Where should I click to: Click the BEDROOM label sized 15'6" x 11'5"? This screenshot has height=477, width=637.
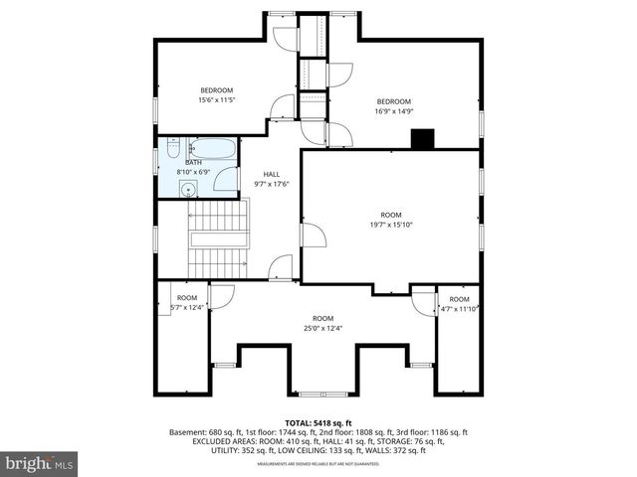click(x=216, y=90)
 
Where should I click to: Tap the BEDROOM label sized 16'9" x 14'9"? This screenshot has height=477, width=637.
click(x=393, y=101)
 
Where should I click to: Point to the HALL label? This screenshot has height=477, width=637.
click(x=272, y=173)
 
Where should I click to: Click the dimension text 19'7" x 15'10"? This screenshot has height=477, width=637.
click(x=390, y=225)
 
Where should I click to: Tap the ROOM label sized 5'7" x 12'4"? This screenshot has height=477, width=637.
click(x=186, y=298)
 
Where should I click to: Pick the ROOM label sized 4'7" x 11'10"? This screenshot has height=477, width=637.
click(x=459, y=299)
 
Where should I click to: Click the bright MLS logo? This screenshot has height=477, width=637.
click(x=40, y=463)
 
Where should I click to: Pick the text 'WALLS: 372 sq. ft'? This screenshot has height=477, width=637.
click(x=396, y=451)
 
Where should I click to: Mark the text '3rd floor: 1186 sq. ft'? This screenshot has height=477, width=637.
click(x=428, y=432)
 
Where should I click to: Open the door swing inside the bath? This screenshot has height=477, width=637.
click(x=227, y=181)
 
